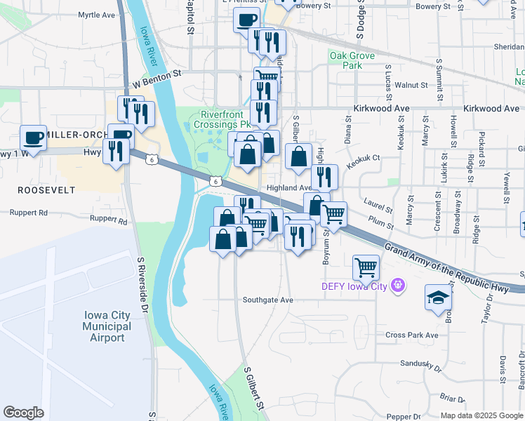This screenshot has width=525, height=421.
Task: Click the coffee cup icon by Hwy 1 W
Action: click(x=33, y=138)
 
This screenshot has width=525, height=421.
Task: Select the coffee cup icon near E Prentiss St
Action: click(x=246, y=20)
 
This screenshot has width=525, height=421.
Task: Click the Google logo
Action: click(x=23, y=412)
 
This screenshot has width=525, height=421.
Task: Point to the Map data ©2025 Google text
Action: click(x=481, y=415)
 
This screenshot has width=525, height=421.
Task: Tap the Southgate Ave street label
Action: click(x=267, y=300)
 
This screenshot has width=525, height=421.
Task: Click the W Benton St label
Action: click(x=162, y=72)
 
